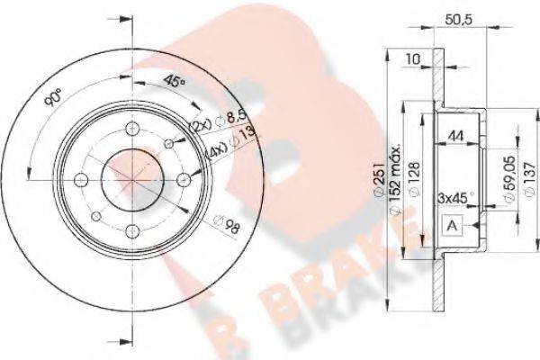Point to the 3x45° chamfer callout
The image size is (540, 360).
click(x=454, y=195)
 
